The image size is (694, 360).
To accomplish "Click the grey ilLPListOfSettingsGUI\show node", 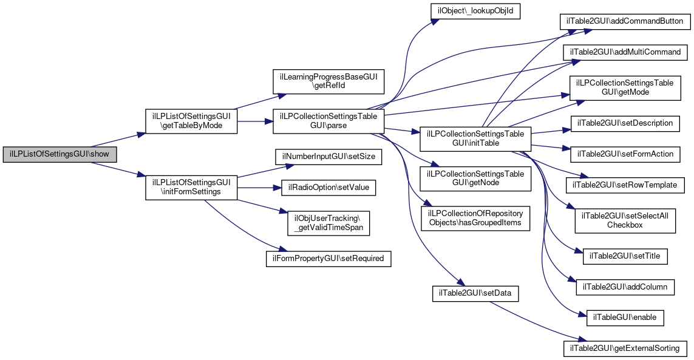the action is [x=60, y=155].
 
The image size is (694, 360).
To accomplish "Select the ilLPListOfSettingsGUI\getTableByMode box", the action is [x=191, y=121].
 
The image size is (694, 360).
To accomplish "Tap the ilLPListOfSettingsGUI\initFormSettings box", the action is [x=191, y=188].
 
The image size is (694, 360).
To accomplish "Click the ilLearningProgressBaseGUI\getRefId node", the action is [x=328, y=81].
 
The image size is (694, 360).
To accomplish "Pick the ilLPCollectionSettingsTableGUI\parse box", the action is [x=328, y=121].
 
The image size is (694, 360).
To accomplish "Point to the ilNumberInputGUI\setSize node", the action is [x=328, y=157].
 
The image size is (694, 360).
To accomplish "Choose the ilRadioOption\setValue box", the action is [x=328, y=188].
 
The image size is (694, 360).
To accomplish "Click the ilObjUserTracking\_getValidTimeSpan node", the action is [x=328, y=223].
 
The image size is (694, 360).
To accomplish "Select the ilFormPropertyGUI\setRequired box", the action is [x=328, y=259].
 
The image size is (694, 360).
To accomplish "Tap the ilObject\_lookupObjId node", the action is [x=475, y=11].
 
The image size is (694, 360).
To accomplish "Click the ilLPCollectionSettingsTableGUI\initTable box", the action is [x=475, y=138].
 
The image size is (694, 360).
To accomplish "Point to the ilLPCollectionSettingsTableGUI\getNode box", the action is [x=475, y=178].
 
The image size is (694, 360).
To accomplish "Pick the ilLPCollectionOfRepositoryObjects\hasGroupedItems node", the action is [x=475, y=219].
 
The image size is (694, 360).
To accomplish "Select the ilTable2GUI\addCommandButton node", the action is [x=625, y=21].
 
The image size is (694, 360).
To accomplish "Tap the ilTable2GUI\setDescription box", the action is [x=625, y=123].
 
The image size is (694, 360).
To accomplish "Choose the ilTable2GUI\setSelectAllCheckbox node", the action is [x=625, y=220].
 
